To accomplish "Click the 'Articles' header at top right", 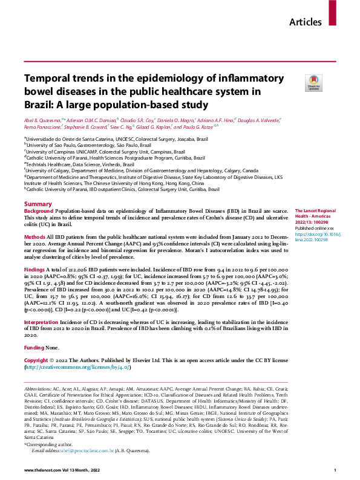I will [x=306, y=22].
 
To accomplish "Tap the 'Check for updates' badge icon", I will [x=313, y=81].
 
